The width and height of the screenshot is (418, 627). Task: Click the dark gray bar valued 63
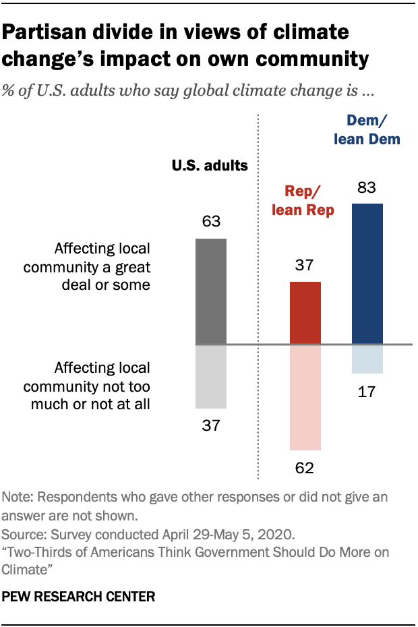[211, 291]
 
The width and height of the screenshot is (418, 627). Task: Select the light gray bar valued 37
[211, 376]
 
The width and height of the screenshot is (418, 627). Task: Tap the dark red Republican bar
[305, 313]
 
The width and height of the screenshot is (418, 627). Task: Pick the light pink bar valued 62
[305, 397]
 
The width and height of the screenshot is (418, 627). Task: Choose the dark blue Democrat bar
[367, 274]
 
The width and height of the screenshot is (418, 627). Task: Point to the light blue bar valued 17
[367, 359]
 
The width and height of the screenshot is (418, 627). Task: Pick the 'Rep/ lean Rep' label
[303, 201]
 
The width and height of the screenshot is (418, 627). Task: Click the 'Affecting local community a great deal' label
[86, 267]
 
